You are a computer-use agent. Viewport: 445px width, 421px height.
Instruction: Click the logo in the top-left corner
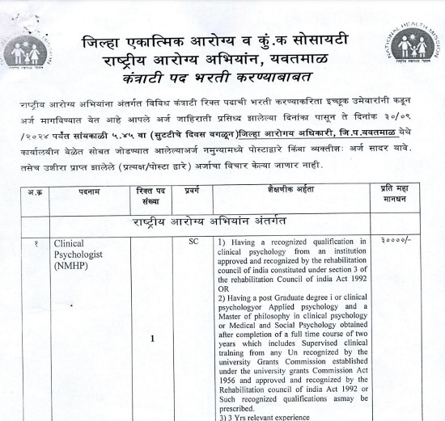(x=27, y=53)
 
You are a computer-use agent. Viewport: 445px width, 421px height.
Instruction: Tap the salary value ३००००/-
(x=396, y=242)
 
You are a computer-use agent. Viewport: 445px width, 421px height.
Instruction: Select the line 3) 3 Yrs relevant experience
(x=264, y=416)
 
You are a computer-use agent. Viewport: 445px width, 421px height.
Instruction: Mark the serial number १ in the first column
(x=29, y=242)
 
